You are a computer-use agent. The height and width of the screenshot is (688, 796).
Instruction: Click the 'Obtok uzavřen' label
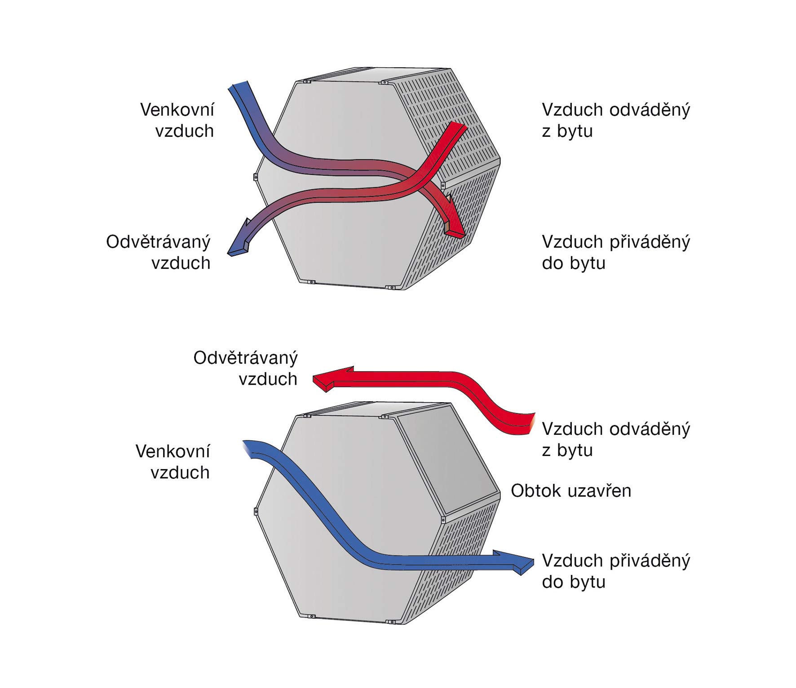(x=571, y=491)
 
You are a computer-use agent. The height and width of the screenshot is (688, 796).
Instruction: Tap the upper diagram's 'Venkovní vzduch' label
(x=177, y=120)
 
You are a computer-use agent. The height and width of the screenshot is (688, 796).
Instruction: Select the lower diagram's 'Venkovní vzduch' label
(x=173, y=462)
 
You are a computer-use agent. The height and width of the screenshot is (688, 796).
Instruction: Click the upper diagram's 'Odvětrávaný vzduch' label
(x=159, y=252)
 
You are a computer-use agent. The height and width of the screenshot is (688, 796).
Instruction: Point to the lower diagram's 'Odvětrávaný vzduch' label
(x=246, y=368)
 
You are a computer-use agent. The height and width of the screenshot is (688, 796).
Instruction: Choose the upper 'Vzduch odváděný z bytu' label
(x=616, y=120)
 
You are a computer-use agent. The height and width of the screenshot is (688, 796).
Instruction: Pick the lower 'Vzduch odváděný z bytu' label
(x=616, y=439)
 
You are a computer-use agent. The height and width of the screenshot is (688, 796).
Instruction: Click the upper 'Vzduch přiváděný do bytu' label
(x=616, y=252)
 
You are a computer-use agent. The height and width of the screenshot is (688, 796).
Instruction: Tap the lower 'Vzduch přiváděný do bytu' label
(x=616, y=571)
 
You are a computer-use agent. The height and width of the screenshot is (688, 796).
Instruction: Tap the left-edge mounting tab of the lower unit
(x=255, y=511)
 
